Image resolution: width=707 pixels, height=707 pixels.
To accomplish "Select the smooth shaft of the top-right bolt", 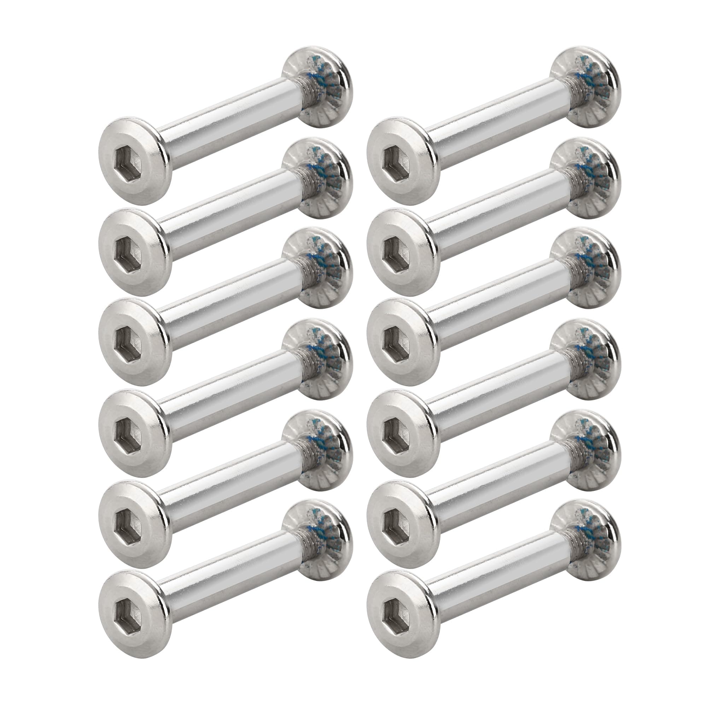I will pos(494,121).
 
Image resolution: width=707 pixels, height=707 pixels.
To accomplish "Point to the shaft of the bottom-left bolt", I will pos(227,578).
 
